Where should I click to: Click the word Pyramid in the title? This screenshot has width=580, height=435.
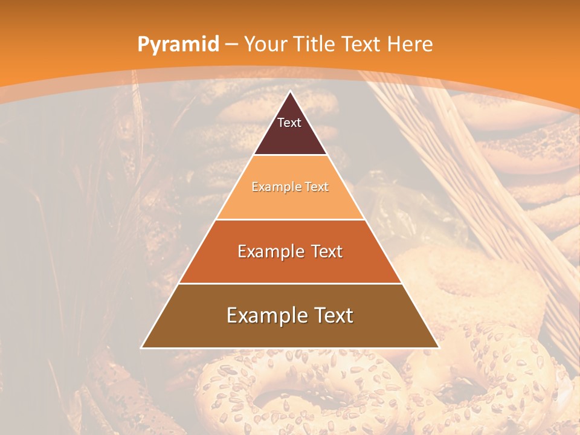click(x=178, y=45)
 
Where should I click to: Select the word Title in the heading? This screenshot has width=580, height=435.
click(x=314, y=44)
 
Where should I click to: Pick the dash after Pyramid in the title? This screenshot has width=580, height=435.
click(x=231, y=45)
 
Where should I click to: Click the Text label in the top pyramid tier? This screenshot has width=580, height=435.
click(x=289, y=123)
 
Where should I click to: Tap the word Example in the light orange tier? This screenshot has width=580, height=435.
click(x=273, y=187)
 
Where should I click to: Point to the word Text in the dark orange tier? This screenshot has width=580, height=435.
click(x=326, y=251)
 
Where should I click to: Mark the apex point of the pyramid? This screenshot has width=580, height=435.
click(x=290, y=91)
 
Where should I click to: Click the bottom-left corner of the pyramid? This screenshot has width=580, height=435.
click(x=141, y=347)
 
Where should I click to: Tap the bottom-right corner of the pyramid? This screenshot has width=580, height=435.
click(x=439, y=347)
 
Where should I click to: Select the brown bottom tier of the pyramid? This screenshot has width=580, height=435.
click(x=290, y=334)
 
